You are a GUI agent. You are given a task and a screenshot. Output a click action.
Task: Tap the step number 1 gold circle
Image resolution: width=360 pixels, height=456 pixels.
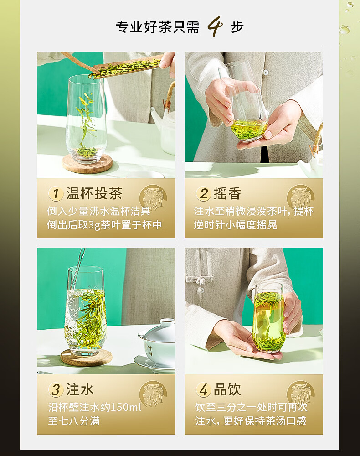(56, 194)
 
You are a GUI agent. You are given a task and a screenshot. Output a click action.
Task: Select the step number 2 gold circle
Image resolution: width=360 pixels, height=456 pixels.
(203, 194)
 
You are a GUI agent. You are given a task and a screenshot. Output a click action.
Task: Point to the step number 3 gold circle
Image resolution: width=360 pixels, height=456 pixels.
(56, 390)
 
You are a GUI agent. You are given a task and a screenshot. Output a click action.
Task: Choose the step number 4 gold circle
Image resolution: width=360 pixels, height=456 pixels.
(203, 390)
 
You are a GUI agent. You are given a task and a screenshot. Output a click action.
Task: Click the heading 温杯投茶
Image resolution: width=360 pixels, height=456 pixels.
(94, 193)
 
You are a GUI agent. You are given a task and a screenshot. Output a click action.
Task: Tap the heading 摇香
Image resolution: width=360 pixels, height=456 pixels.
(227, 193)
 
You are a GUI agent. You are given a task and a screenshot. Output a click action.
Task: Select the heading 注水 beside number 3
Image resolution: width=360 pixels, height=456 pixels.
(80, 389)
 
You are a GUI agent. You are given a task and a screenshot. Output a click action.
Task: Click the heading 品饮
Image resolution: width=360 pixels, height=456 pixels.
(227, 389)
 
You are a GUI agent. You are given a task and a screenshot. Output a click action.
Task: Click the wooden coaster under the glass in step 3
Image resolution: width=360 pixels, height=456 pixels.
(86, 358)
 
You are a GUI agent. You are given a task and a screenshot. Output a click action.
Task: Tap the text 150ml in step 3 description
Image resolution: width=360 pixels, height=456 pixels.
(126, 407)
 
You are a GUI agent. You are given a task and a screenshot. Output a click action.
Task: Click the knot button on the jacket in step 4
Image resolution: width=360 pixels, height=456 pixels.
(200, 280)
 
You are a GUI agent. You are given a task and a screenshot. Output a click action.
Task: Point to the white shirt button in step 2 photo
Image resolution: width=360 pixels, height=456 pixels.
(265, 72)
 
